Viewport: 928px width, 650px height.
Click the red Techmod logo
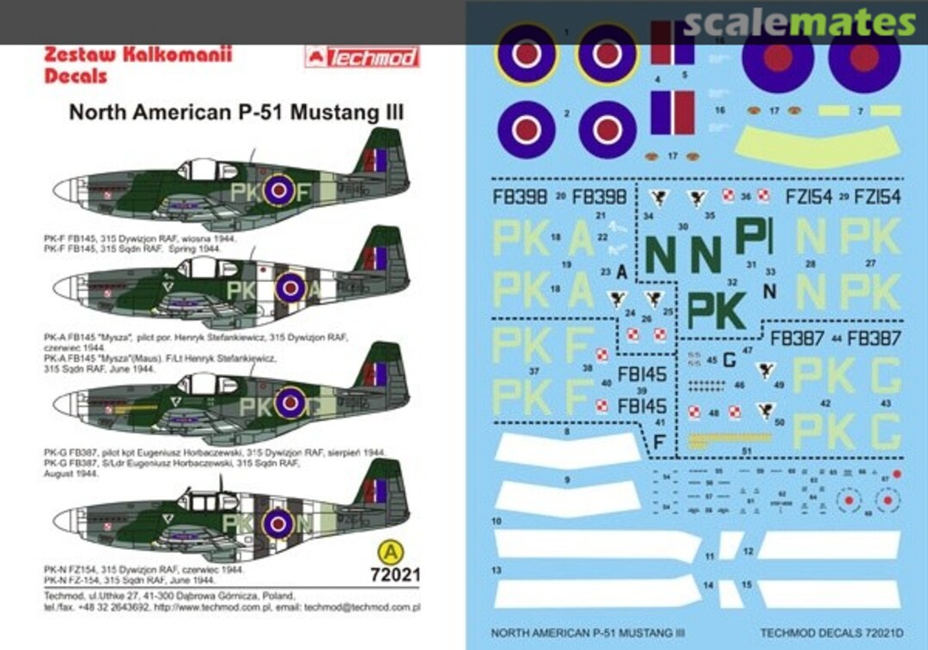[362, 57]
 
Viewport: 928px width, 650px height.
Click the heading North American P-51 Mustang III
[236, 112]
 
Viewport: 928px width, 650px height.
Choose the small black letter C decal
[729, 359]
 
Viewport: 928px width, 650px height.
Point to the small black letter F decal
[659, 441]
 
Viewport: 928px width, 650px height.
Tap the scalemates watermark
[799, 23]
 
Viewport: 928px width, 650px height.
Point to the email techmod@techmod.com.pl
[365, 607]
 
